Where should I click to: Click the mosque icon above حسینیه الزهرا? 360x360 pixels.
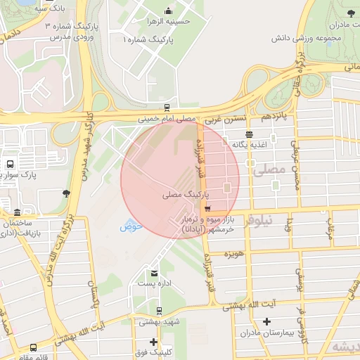coord(167,11)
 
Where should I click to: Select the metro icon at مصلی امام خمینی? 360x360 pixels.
coord(167,108)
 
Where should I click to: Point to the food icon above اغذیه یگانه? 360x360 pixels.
coord(249,134)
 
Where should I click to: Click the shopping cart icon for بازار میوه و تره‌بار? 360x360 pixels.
coord(207,208)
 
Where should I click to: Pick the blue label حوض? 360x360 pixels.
coord(131,226)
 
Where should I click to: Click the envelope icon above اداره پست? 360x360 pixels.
coord(154,273)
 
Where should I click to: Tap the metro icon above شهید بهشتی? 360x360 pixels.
coord(159,310)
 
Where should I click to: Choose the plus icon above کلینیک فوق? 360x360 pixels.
coord(153,341)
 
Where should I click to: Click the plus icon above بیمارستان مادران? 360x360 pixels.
coord(266,321)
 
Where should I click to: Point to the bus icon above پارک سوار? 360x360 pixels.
coord(9,163)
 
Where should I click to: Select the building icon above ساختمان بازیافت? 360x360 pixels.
coord(17,212)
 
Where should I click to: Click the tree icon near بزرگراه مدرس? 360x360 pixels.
coord(66,193)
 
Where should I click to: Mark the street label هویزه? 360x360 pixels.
coord(233,252)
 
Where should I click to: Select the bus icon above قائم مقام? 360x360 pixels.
coord(33,347)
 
